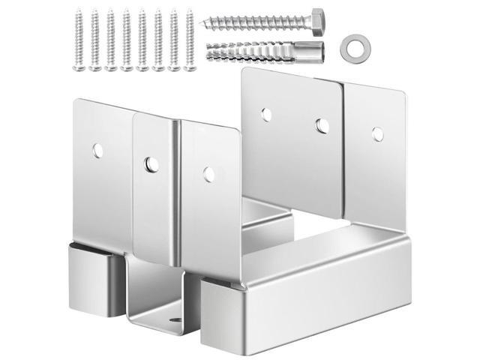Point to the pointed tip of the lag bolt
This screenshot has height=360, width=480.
pyautogui.click(x=207, y=23)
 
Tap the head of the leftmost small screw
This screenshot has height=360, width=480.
pyautogui.click(x=78, y=13)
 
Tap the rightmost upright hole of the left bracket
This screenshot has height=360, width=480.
pyautogui.click(x=209, y=174)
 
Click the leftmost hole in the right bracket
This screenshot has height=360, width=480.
pyautogui.click(x=265, y=114)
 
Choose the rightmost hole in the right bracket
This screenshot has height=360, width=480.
pyautogui.click(x=378, y=133)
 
